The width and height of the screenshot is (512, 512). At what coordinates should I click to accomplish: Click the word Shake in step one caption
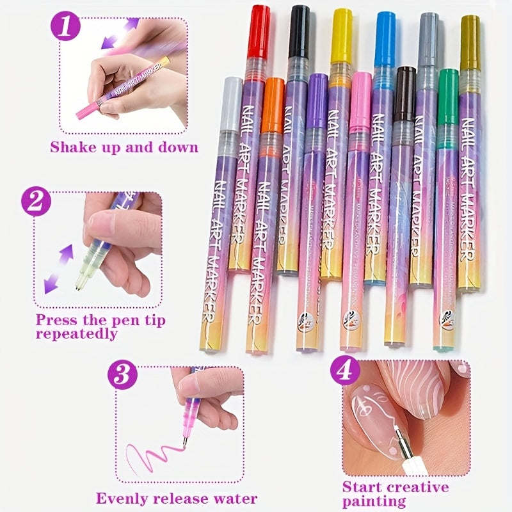[x=75, y=147]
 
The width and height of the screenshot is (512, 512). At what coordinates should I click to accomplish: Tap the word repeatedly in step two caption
[x=76, y=333]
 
